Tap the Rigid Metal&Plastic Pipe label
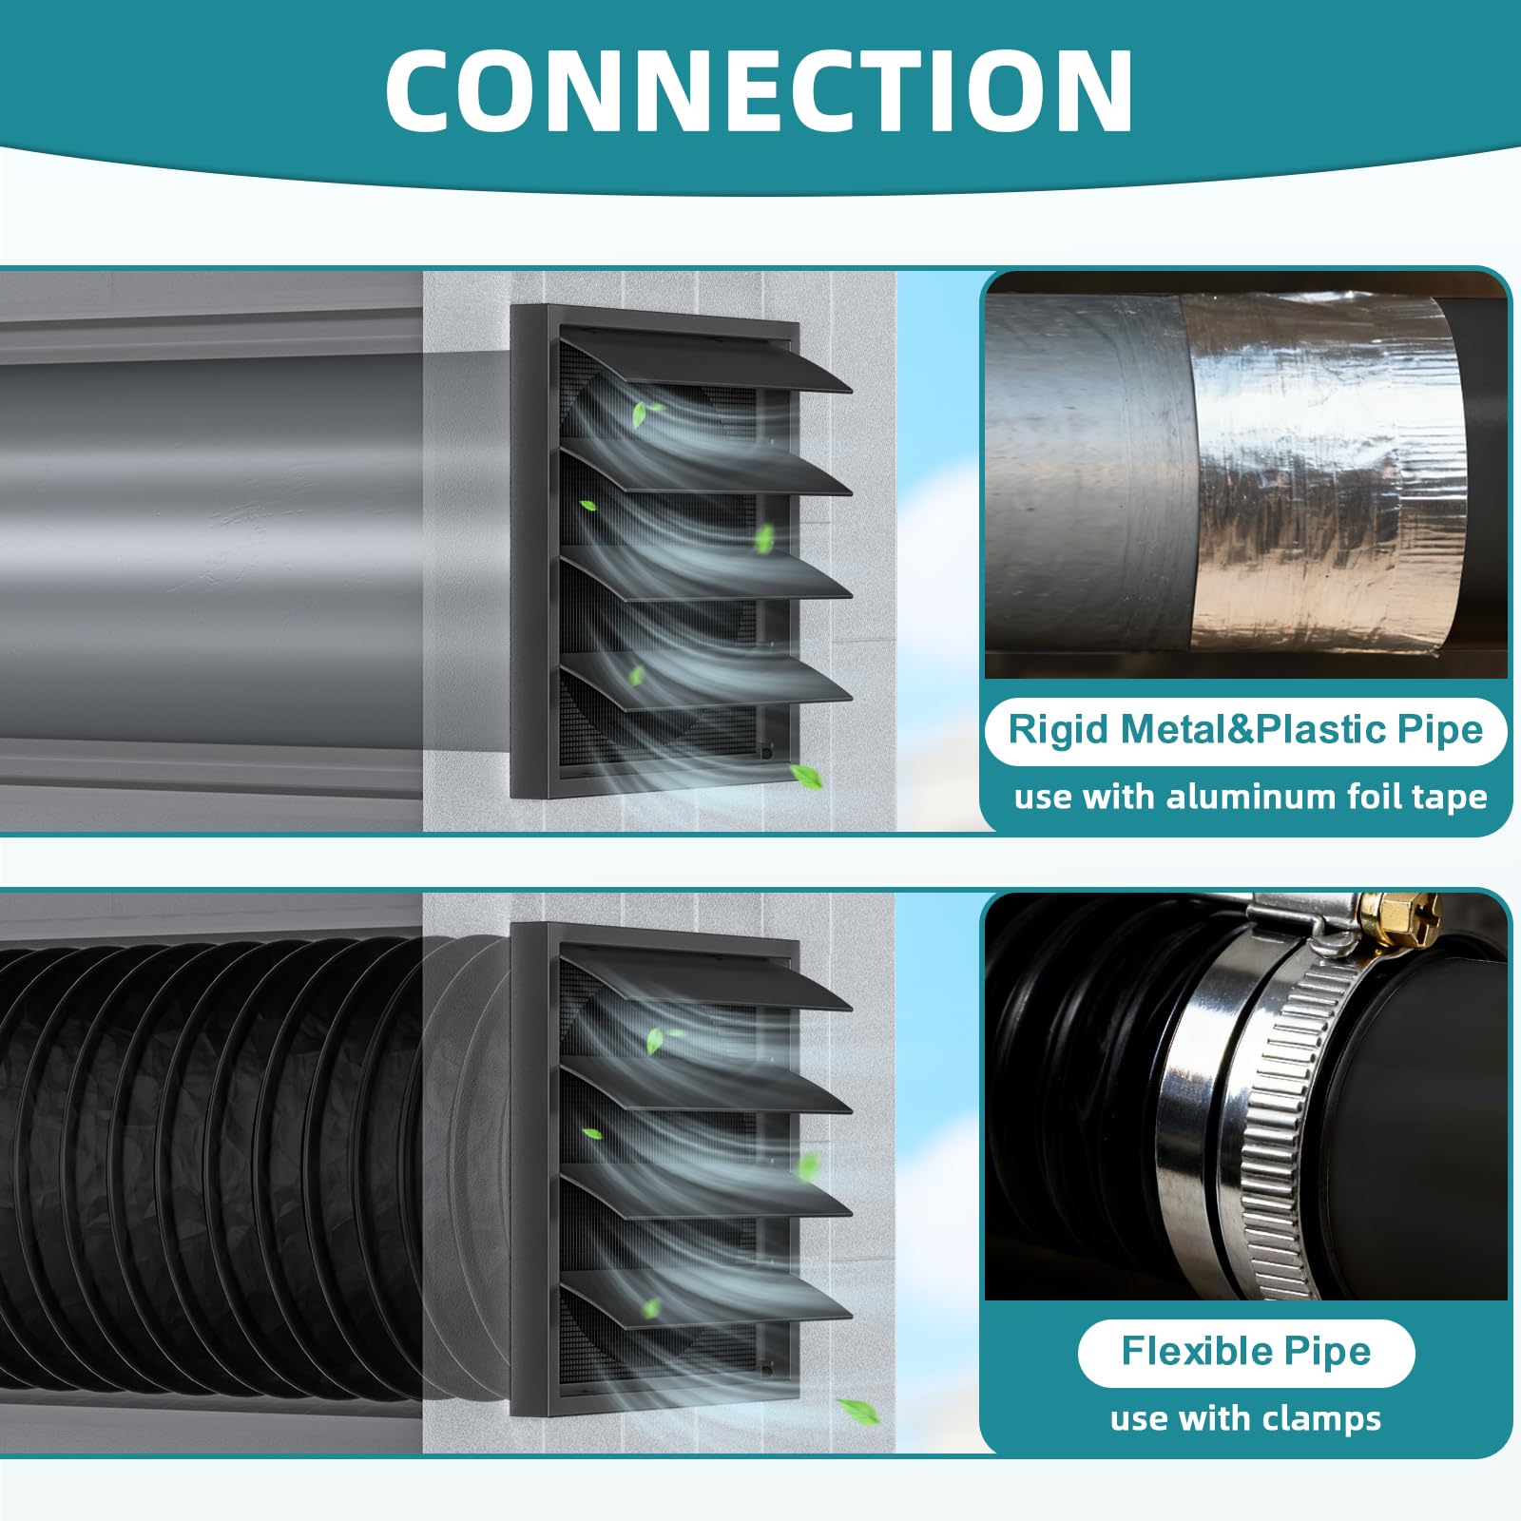click(x=1245, y=730)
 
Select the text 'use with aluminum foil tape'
click(x=1250, y=797)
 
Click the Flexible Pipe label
click(x=1245, y=1351)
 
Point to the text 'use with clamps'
click(x=1245, y=1418)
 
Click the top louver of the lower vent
click(x=703, y=979)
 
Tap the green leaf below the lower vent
click(x=858, y=1411)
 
